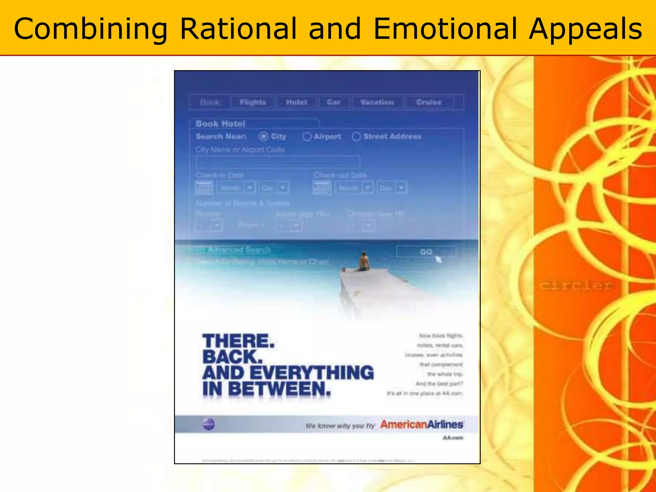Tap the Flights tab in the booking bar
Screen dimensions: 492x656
click(253, 102)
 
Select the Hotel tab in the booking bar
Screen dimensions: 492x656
click(296, 102)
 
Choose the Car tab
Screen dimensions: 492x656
click(333, 102)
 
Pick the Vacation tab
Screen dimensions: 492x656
click(377, 102)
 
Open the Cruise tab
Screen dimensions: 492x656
click(429, 102)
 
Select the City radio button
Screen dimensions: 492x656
click(263, 136)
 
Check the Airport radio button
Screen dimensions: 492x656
click(307, 137)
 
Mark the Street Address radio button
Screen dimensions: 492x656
click(356, 137)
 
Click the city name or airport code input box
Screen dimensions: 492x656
click(277, 162)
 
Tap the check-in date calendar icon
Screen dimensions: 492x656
click(204, 188)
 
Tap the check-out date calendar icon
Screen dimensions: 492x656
click(322, 188)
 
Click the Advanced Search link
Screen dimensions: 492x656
click(239, 250)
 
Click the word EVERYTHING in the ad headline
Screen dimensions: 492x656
click(311, 373)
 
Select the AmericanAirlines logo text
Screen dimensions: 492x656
click(422, 425)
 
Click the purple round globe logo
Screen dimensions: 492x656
click(209, 425)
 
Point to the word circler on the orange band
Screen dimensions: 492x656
click(576, 285)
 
